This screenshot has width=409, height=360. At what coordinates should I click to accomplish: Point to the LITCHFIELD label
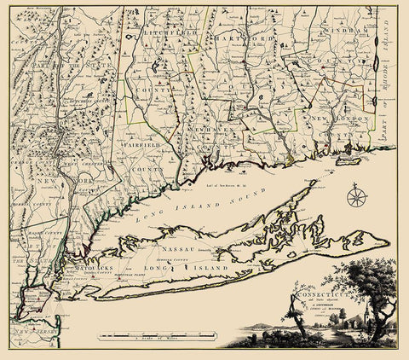point(158,32)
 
